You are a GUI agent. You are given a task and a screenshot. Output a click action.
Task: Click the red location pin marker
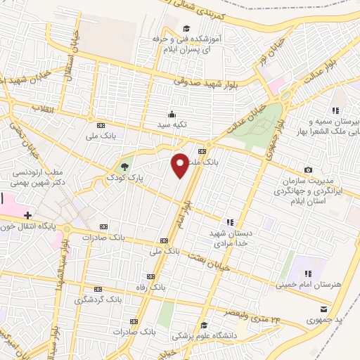click(180, 165)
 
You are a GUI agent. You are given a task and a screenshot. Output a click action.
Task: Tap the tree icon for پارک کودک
click(124, 166)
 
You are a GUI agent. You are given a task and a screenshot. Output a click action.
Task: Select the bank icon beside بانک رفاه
click(149, 276)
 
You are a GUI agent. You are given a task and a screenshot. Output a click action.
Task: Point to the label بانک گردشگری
click(97, 300)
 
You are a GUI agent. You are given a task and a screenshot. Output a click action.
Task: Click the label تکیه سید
click(171, 125)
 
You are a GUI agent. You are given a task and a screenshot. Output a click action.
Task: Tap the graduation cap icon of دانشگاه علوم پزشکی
click(203, 325)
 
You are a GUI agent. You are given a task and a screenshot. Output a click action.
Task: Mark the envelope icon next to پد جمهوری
click(323, 309)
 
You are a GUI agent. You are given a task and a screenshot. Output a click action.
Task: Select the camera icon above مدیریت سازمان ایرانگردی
click(309, 169)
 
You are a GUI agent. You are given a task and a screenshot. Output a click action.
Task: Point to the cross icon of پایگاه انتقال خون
click(27, 214)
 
